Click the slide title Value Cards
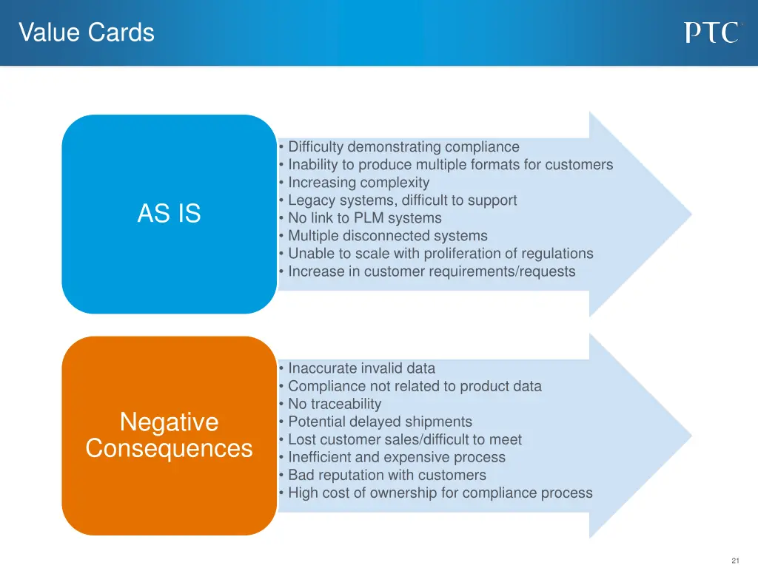[87, 33]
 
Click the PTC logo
[711, 33]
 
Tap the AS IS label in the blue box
[169, 214]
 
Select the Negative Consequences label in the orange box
[169, 436]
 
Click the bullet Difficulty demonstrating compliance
[403, 147]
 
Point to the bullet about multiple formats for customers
[450, 165]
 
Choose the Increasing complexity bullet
[358, 183]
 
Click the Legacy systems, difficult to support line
[402, 200]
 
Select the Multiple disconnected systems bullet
[387, 236]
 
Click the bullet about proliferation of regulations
[440, 254]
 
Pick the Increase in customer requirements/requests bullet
[431, 271]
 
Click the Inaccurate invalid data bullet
[361, 368]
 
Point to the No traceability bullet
[335, 404]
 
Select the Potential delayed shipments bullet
[380, 422]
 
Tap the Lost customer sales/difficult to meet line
[404, 439]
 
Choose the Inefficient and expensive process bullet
[397, 457]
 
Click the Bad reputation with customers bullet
[387, 475]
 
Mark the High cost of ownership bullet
[440, 493]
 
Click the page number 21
[734, 561]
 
